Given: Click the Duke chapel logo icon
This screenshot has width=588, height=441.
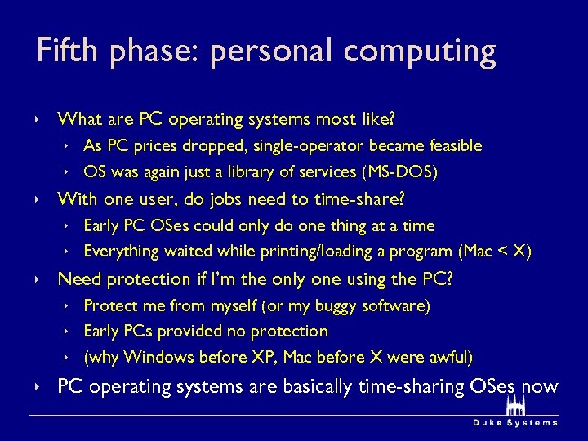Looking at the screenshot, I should click(x=516, y=406).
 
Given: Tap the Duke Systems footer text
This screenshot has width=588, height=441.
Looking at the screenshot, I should click(x=516, y=423).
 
